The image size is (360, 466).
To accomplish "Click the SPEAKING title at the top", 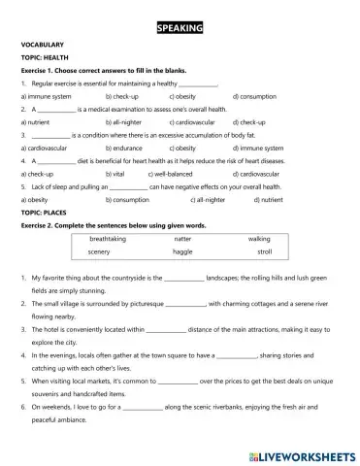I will coord(180,29).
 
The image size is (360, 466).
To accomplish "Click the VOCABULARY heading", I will coord(42,46).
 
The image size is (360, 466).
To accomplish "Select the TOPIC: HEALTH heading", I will coord(45,58).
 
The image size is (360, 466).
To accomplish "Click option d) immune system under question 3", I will coord(265,148).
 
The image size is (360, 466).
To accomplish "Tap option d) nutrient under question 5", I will coord(267,198).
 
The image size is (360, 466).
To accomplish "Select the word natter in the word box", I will coord(182,238).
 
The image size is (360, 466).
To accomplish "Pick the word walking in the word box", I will coord(259,238).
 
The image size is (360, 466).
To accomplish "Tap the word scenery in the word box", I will coord(99,251).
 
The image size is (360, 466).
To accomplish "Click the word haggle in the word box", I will coord(182,251).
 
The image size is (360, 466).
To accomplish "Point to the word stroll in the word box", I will coord(265,251).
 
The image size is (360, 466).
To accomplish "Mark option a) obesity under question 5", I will coord(37,198).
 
